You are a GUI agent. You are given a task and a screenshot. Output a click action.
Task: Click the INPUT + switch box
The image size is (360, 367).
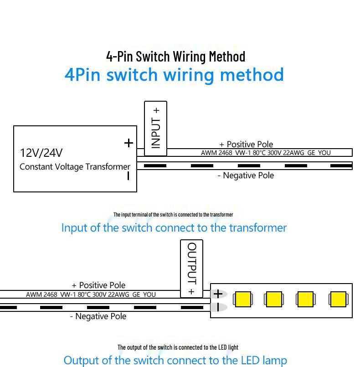click(155, 129)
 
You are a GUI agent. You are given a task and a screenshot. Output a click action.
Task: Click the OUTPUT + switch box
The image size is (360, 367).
click(191, 269)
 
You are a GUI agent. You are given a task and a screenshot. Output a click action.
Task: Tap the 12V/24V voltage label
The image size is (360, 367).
click(41, 153)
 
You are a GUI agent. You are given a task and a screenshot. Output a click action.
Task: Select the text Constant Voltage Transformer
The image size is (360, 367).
click(75, 167)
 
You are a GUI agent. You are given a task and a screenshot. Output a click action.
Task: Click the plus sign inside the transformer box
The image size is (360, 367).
click(129, 143)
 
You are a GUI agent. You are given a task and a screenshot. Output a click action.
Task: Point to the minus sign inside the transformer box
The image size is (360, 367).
click(128, 176)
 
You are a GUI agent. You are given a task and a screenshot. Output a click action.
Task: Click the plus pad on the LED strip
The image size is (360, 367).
click(218, 294)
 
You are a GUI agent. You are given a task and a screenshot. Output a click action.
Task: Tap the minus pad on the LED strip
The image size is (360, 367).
click(218, 307)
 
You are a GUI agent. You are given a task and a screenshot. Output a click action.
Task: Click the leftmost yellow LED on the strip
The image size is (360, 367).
click(243, 299)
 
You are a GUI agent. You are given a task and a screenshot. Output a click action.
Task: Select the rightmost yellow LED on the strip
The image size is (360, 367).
click(338, 299)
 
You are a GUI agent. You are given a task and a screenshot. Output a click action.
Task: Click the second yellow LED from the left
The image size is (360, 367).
click(274, 299)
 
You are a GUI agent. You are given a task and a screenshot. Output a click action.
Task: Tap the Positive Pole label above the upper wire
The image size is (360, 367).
click(246, 144)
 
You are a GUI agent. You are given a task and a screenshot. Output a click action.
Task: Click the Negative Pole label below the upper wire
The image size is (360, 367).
click(246, 176)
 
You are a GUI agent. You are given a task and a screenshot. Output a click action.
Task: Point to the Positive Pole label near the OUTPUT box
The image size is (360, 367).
click(98, 285)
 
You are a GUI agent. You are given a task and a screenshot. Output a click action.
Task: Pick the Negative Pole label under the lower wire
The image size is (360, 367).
click(98, 316)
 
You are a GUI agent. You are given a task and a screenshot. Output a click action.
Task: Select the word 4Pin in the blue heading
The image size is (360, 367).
click(82, 75)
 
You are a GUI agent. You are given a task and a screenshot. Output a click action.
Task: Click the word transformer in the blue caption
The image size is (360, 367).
click(258, 228)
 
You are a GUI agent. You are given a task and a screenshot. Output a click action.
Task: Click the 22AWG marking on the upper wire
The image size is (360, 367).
click(293, 153)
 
